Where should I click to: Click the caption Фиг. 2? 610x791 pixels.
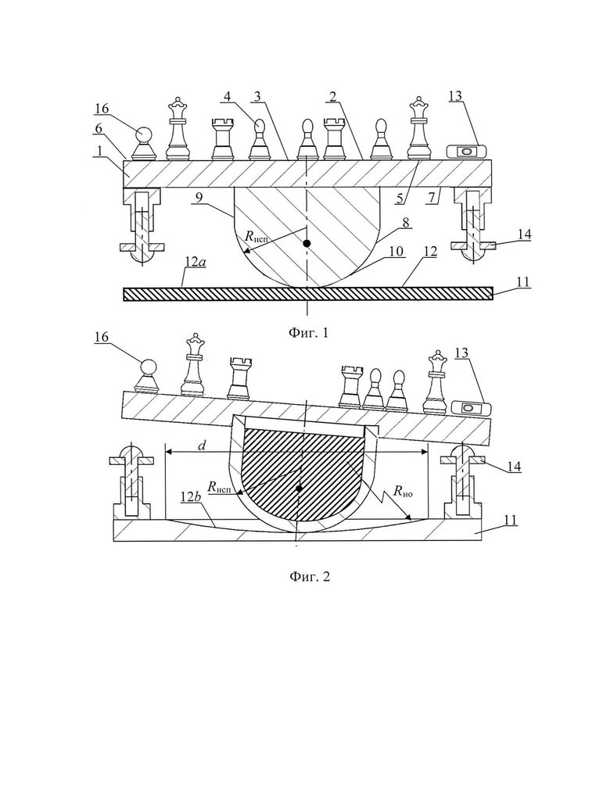pyautogui.click(x=309, y=576)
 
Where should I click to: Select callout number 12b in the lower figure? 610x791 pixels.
pyautogui.click(x=192, y=497)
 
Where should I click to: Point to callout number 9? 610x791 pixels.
pyautogui.click(x=199, y=197)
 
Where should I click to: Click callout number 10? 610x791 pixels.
pyautogui.click(x=396, y=251)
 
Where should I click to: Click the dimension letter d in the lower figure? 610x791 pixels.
pyautogui.click(x=202, y=445)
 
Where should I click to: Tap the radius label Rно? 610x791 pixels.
pyautogui.click(x=403, y=492)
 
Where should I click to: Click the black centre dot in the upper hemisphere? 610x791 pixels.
pyautogui.click(x=307, y=243)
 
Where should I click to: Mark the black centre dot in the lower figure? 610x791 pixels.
pyautogui.click(x=300, y=489)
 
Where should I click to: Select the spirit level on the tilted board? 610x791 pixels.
pyautogui.click(x=470, y=406)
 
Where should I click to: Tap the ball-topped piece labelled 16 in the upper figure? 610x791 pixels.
pyautogui.click(x=144, y=143)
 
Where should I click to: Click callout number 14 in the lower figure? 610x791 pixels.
pyautogui.click(x=514, y=466)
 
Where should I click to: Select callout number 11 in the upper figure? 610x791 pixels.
pyautogui.click(x=524, y=281)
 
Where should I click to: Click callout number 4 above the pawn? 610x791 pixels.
pyautogui.click(x=228, y=96)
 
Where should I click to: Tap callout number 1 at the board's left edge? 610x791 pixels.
pyautogui.click(x=100, y=150)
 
